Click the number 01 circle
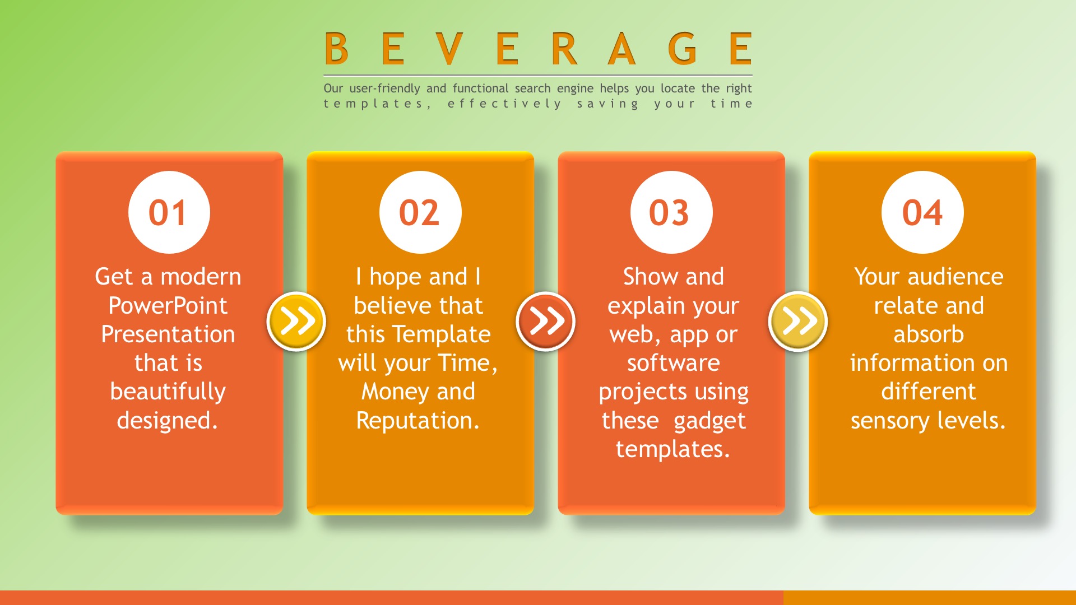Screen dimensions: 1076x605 coord(169,212)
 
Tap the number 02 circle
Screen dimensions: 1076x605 coord(420,212)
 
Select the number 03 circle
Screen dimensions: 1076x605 coord(671,212)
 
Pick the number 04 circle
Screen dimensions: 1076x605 coord(922,212)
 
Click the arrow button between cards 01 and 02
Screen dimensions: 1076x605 coord(296,322)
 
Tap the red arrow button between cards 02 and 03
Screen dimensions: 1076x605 coord(546,322)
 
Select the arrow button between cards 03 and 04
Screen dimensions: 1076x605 coord(798,322)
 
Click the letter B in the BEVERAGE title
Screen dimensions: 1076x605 coord(336,48)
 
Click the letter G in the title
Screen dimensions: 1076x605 coord(683,48)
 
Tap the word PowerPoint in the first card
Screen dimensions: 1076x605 coord(168,306)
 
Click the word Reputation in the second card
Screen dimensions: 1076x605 coord(418,421)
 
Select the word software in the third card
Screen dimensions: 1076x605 coord(674,363)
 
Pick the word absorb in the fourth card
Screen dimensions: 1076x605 coord(929,334)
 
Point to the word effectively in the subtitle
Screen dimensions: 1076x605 coord(504,104)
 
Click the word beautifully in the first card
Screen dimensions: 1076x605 coord(168,392)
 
